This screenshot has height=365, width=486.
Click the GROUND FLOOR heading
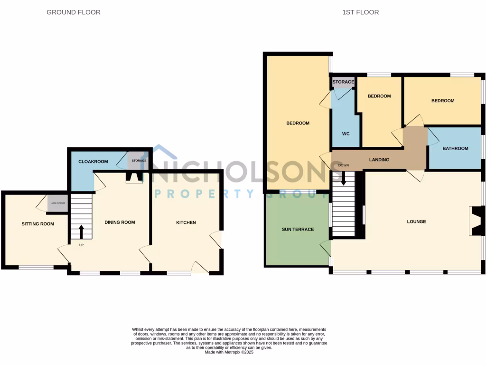point(74,12)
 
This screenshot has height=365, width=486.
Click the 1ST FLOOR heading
point(360,12)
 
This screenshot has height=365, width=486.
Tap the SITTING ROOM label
point(37,224)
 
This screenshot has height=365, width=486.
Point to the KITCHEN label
point(186,222)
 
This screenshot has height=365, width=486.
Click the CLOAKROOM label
point(93,162)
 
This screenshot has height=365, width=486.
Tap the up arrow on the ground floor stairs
point(81,232)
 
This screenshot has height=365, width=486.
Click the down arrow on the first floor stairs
point(343,177)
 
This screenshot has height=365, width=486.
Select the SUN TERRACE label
point(298,230)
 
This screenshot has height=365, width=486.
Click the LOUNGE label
point(416,221)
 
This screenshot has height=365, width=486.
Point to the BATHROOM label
point(455,148)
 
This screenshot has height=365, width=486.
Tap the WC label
point(346,134)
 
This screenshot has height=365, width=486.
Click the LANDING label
point(379,160)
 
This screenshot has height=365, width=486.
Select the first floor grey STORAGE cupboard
point(343,83)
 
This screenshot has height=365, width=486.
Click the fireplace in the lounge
point(476,221)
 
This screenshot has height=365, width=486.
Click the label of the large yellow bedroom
point(298,123)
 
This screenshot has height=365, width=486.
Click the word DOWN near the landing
point(343,165)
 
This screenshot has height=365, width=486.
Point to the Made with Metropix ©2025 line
point(229,352)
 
